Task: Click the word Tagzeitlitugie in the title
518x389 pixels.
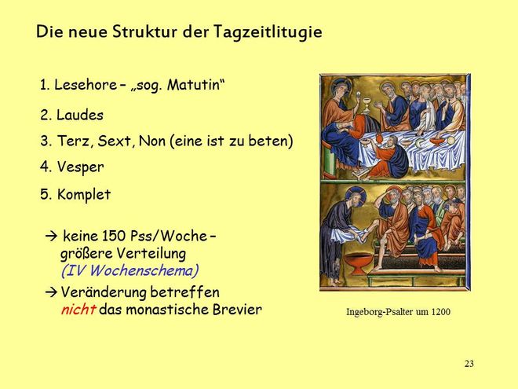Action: (x=268, y=33)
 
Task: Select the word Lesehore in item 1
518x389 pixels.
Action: (x=86, y=85)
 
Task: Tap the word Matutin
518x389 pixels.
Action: (x=194, y=85)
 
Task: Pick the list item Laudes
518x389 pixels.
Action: (x=72, y=115)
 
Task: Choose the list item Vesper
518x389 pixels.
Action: (x=72, y=167)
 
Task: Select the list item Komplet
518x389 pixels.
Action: (x=75, y=194)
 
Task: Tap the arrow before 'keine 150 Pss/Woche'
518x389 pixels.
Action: (x=51, y=237)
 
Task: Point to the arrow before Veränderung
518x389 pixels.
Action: (x=51, y=292)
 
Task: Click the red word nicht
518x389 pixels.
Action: (x=78, y=310)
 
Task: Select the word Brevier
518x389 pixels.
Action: (x=237, y=310)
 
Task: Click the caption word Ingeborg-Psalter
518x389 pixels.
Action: (x=379, y=312)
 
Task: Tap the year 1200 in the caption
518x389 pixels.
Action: (x=441, y=312)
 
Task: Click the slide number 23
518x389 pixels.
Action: (x=469, y=364)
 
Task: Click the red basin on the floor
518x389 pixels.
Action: (x=359, y=263)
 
